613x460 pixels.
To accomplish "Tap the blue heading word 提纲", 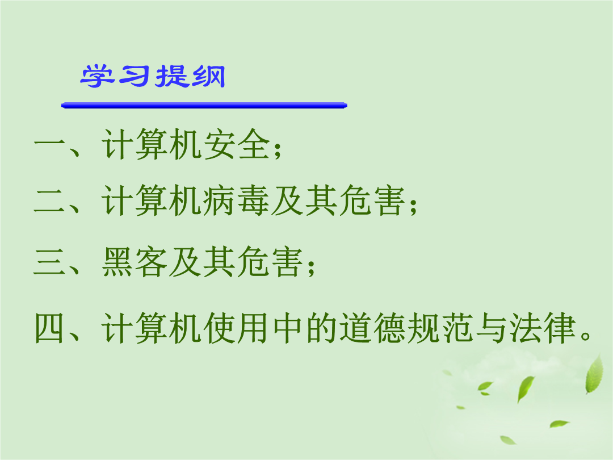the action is pos(190,76).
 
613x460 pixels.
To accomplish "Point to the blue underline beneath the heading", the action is pos(204,105).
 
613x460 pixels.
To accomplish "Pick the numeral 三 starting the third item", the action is pos(49,262).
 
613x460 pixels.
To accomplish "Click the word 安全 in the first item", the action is pos(237,144).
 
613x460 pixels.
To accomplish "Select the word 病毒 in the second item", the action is pos(237,200).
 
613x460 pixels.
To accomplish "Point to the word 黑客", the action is pos(135,262).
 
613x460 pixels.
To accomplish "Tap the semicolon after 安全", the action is pos(278,150).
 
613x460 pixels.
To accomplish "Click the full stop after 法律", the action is pos(586,336).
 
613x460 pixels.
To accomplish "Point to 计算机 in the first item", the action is pos(152,144).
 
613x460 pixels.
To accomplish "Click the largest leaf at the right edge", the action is pos(594,374).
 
